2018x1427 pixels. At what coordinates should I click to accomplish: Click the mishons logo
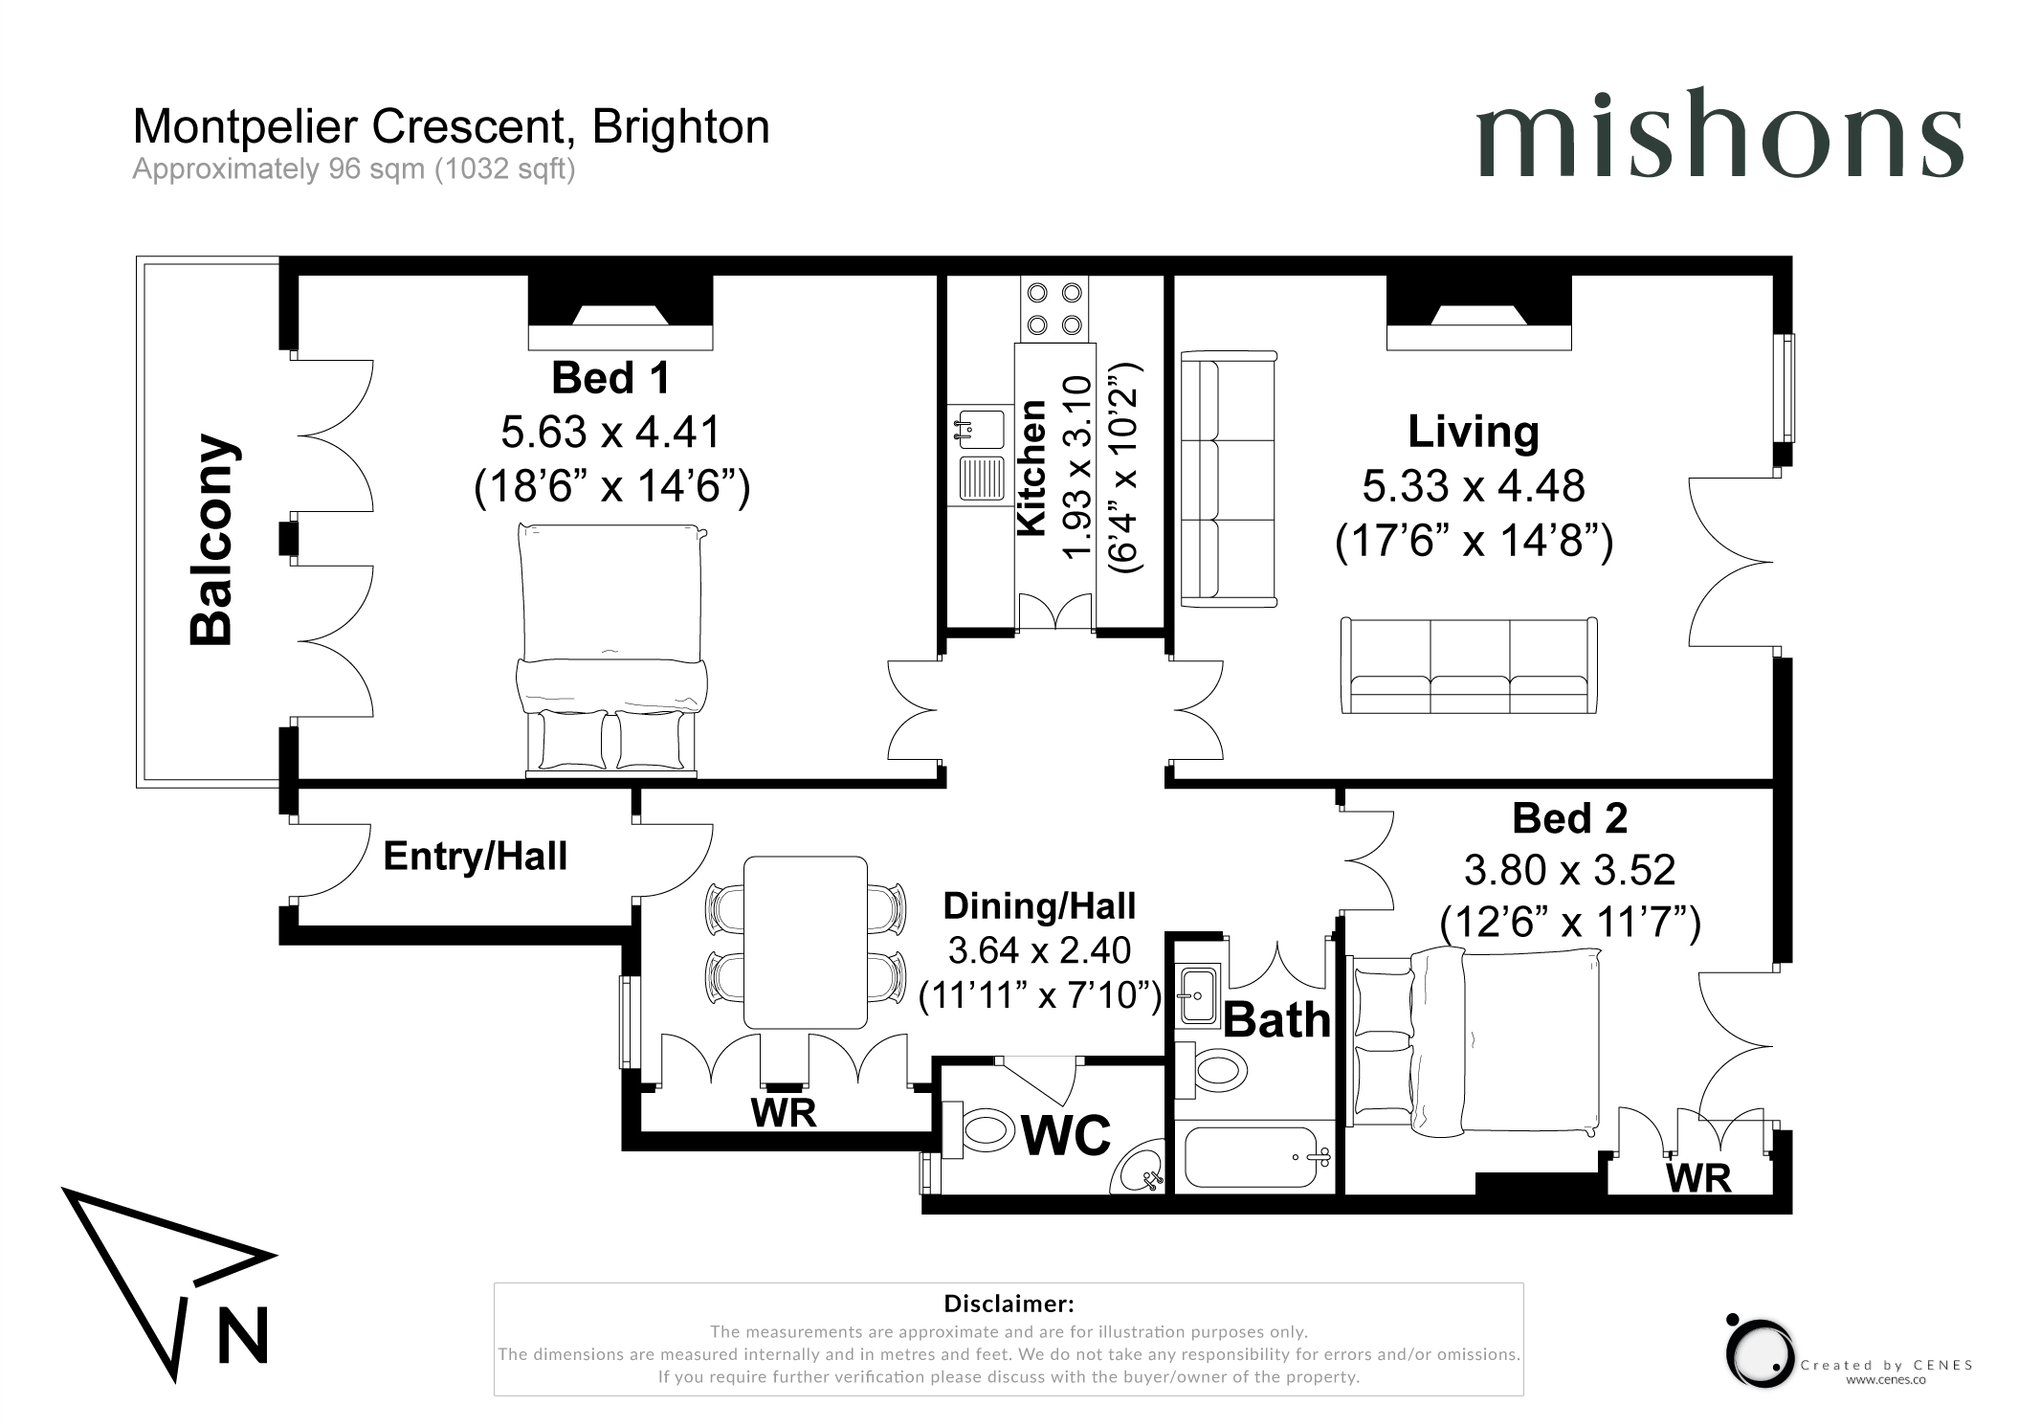(1719, 133)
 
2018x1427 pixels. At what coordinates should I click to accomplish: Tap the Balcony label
(211, 540)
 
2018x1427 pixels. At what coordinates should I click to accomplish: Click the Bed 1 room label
(610, 378)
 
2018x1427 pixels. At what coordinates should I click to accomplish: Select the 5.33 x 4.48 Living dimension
(1474, 486)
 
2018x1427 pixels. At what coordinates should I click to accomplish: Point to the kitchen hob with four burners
(1054, 308)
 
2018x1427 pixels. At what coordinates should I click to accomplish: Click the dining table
(806, 943)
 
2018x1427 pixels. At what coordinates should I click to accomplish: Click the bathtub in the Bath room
(1254, 1156)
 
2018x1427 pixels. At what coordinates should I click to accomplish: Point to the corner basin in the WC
(1141, 1168)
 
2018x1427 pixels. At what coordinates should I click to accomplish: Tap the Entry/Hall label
(476, 857)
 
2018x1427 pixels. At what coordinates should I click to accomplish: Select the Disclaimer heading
(1009, 1304)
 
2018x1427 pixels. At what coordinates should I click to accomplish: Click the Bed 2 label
(1569, 818)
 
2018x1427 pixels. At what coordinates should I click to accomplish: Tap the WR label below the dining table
(784, 1113)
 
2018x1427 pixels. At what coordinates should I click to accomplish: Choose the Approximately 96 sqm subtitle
(354, 169)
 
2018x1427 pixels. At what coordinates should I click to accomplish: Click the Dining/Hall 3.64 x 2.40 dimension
(1039, 950)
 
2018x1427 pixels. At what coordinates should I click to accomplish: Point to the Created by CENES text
(1887, 1366)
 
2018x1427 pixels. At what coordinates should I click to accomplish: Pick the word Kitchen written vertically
(1031, 468)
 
